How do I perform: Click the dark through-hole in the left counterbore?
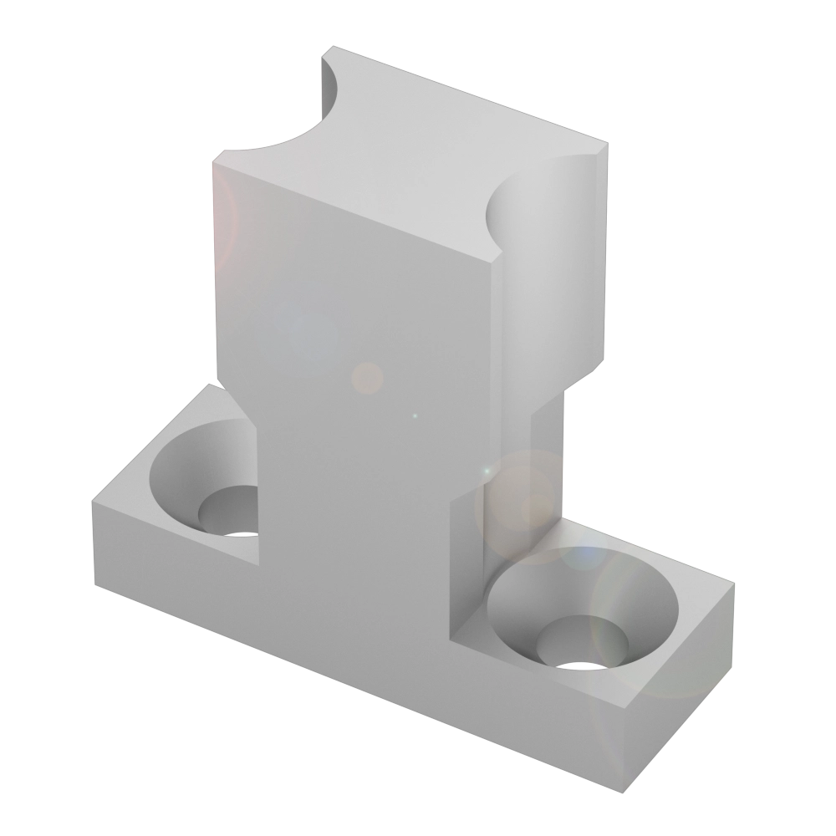tap(241, 533)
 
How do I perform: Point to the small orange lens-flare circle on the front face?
tap(366, 377)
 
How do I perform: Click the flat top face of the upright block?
tap(410, 159)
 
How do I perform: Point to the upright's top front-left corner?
tap(215, 161)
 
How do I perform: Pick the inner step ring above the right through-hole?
tap(577, 640)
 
